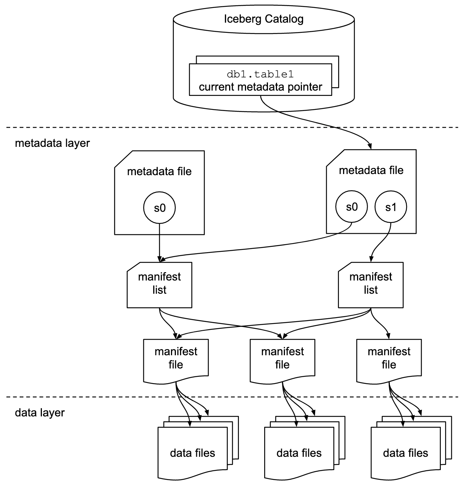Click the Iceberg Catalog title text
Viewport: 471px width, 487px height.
(x=263, y=19)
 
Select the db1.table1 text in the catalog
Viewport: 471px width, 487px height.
(x=260, y=74)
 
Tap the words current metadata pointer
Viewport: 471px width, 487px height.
(x=260, y=87)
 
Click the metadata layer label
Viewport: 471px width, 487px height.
(x=52, y=143)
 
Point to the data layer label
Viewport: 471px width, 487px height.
(x=40, y=413)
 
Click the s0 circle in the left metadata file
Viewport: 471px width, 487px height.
(x=159, y=208)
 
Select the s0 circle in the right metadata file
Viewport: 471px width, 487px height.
(x=351, y=207)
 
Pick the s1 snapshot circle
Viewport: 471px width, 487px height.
(x=391, y=207)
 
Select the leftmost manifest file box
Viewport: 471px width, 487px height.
(x=176, y=359)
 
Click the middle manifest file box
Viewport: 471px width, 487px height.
(x=282, y=359)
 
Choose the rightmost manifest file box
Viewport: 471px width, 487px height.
(x=389, y=359)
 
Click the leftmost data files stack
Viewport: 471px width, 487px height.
(x=192, y=453)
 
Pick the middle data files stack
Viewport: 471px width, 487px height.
(x=299, y=453)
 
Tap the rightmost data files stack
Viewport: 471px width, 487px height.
(x=405, y=453)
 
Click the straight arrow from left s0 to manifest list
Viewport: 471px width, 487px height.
(x=159, y=242)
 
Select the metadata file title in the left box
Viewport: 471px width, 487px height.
(x=159, y=171)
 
